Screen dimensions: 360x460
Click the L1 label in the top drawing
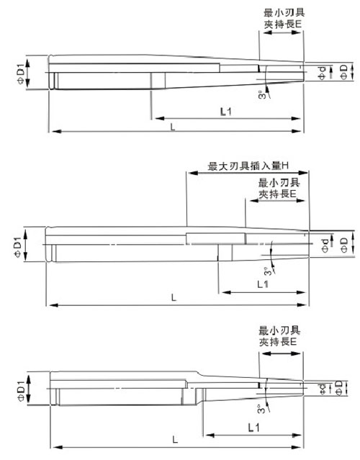tap(225, 112)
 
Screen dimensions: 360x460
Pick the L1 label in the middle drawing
tap(263, 284)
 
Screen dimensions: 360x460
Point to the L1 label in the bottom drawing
tap(254, 428)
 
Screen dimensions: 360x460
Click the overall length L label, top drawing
tap(173, 127)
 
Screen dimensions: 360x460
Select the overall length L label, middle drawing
tap(174, 298)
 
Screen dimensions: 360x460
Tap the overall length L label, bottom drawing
tap(175, 439)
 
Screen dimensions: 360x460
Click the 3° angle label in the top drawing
tap(261, 95)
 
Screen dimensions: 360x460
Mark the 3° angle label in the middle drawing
tap(267, 271)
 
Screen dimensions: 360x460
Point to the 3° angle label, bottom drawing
tap(261, 409)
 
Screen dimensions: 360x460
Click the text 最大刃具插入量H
tap(248, 166)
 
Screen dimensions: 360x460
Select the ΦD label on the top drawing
tap(343, 72)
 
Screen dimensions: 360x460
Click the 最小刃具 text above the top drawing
tap(284, 13)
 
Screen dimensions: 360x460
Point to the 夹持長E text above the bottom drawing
tap(278, 341)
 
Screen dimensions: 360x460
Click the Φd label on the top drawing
tap(322, 73)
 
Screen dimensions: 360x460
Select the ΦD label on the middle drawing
tap(343, 245)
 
